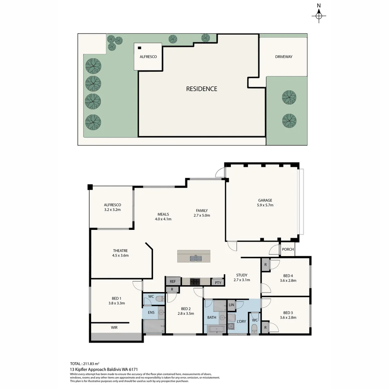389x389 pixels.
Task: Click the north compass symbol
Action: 319,15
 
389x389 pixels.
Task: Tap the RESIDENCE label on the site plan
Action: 201,89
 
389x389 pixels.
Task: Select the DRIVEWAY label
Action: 283,57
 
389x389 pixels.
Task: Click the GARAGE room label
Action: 265,200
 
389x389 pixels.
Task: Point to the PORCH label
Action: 288,249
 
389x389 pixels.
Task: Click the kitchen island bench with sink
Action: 193,256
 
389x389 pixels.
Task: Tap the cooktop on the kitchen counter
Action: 195,282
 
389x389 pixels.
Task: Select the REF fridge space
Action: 173,282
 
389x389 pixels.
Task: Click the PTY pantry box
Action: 218,283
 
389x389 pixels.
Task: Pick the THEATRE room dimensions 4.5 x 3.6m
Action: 120,255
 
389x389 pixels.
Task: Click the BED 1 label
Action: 116,298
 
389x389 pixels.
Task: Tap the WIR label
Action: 114,327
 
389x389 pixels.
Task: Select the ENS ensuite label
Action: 151,312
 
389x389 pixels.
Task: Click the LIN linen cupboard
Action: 231,305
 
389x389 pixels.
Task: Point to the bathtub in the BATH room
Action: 216,329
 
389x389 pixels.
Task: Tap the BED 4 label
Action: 288,276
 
